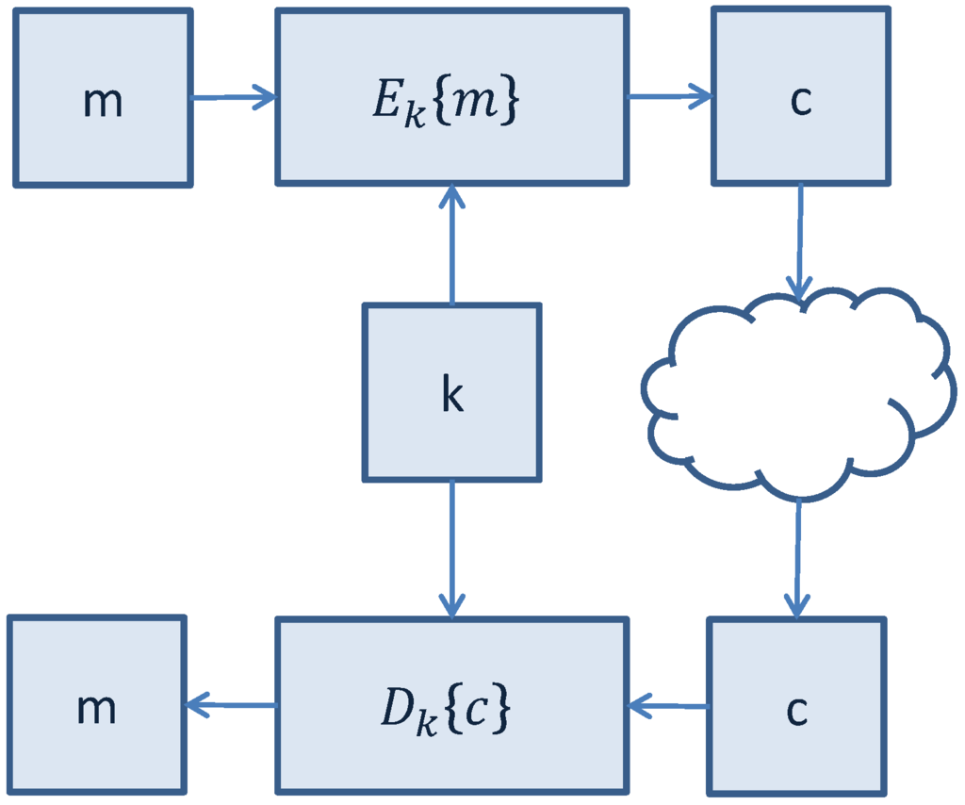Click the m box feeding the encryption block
pyautogui.click(x=102, y=97)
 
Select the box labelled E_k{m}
pyautogui.click(x=451, y=97)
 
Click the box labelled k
pyautogui.click(x=451, y=392)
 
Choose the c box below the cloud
pyautogui.click(x=796, y=707)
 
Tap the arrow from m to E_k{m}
pyautogui.click(x=233, y=96)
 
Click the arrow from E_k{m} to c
pyautogui.click(x=670, y=95)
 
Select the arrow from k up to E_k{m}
pyautogui.click(x=452, y=245)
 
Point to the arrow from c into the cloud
pyautogui.click(x=800, y=240)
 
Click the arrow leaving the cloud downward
pyautogui.click(x=798, y=556)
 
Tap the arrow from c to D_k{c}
pyautogui.click(x=669, y=704)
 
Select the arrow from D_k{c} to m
pyautogui.click(x=231, y=703)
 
